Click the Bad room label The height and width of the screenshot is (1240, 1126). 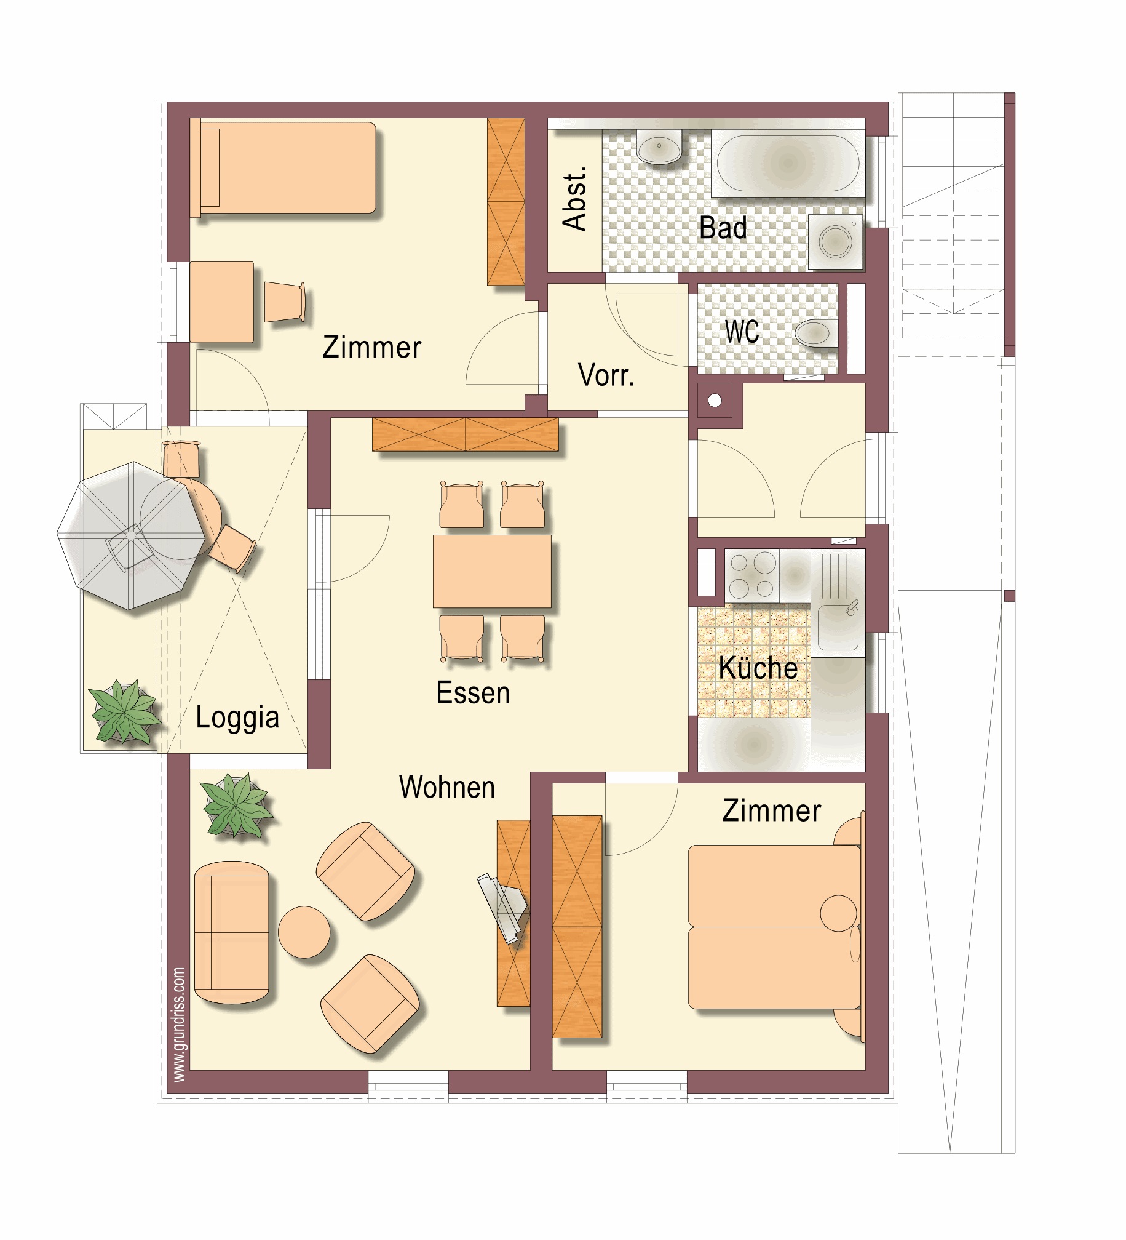pos(723,228)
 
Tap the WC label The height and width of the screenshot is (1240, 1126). pos(742,332)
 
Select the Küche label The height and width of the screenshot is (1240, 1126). pos(758,668)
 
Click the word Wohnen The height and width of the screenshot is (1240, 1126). pos(447,787)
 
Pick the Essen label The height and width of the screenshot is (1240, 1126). pos(473,693)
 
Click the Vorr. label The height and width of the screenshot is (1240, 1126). pos(606,375)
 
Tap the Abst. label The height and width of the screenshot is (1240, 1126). pos(574,198)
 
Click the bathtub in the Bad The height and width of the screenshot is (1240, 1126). pos(788,163)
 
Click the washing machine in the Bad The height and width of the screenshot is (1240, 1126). pos(835,241)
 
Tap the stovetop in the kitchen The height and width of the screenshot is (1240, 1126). pos(751,575)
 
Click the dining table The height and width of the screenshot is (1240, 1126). pos(492,571)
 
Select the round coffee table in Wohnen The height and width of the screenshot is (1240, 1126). pos(304,932)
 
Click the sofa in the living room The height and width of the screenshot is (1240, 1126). pos(232,932)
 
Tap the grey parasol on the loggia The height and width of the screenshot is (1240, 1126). pos(131,536)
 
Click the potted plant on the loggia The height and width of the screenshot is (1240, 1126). pos(124,711)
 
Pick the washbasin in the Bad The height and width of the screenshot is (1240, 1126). pos(659,147)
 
